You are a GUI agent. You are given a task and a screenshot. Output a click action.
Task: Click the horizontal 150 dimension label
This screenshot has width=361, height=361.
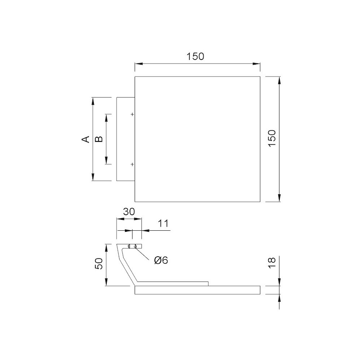point(195,56)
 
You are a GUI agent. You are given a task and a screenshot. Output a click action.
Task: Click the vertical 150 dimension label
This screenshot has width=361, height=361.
point(272,138)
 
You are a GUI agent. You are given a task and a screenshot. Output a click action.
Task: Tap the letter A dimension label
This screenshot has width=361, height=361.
point(86,139)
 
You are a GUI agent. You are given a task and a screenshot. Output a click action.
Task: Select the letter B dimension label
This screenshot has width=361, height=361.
point(99,139)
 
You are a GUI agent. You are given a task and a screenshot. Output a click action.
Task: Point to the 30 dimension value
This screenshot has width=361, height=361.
point(129,212)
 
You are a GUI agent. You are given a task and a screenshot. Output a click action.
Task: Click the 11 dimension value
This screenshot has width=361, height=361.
point(163,223)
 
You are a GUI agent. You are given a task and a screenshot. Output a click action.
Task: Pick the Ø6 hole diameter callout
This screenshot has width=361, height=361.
point(161,260)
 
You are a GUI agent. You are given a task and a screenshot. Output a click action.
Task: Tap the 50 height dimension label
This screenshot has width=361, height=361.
point(99,264)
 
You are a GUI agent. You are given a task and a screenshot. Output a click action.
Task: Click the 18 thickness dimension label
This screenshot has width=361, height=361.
point(272,263)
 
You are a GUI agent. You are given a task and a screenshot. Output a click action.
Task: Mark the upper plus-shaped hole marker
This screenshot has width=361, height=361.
point(132,114)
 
